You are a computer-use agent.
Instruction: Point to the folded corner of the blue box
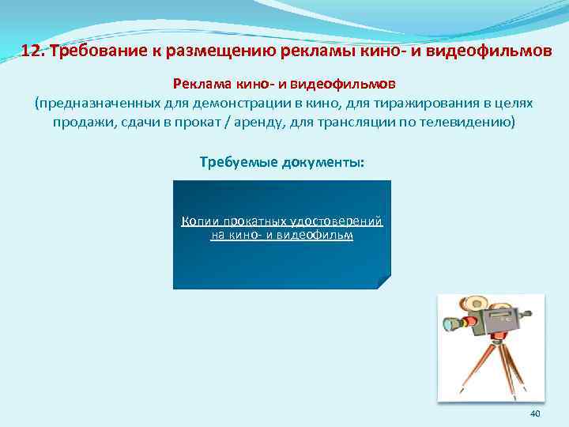(383, 282)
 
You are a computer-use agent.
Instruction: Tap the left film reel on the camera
(476, 303)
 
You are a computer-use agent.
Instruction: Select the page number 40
(534, 414)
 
